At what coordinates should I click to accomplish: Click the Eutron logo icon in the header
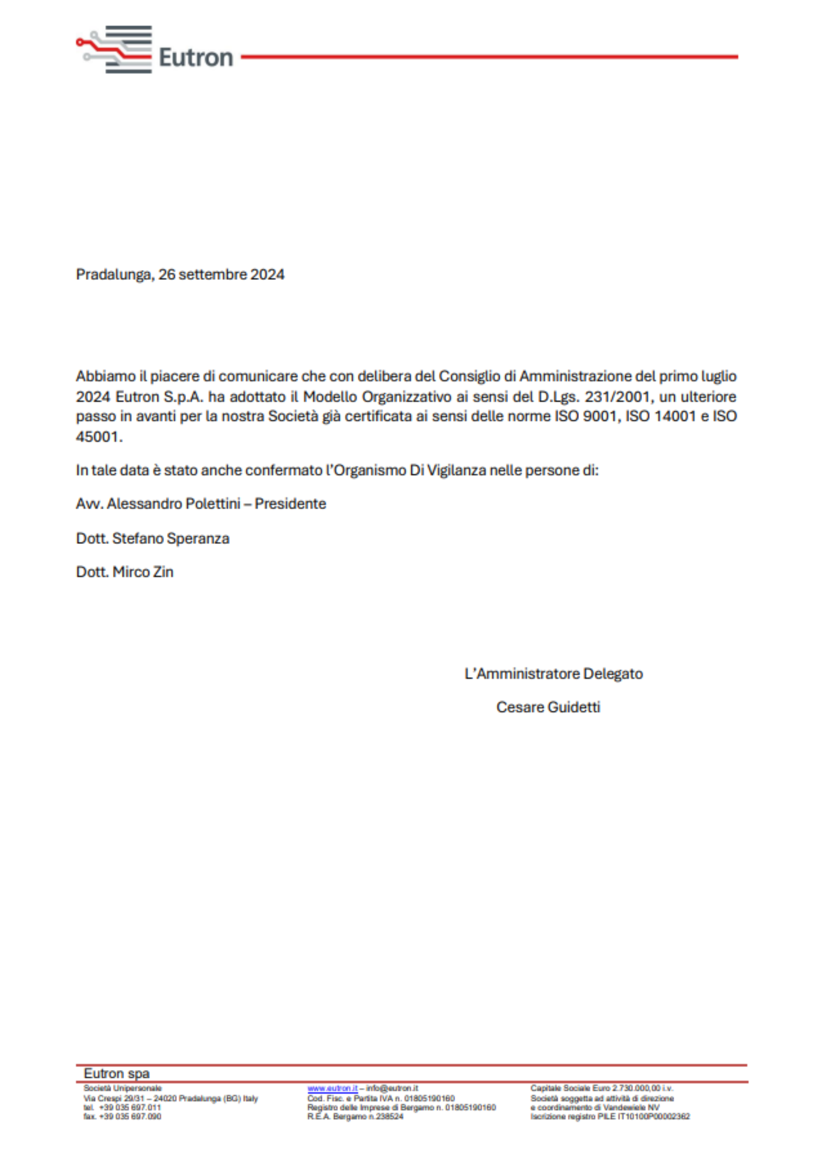point(115,50)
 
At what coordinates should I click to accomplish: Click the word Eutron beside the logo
point(196,58)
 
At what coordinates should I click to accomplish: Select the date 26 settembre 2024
point(221,275)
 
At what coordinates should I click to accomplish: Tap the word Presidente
point(290,503)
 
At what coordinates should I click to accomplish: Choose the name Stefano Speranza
point(171,539)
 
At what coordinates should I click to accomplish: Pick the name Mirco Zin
point(143,572)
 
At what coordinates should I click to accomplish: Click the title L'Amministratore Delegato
point(553,674)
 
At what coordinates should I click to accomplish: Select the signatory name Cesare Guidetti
point(548,707)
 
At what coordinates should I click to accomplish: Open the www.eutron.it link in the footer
point(332,1089)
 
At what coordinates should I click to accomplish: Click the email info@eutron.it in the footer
point(392,1089)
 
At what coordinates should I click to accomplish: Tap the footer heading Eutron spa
point(117,1074)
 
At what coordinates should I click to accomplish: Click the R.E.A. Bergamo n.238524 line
point(355,1116)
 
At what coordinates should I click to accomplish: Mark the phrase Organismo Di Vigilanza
point(410,470)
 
